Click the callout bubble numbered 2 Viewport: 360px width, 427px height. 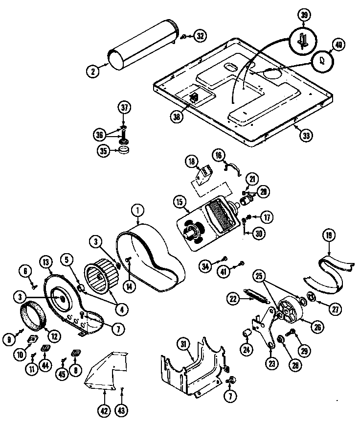pos(92,71)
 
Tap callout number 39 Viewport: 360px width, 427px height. pos(304,15)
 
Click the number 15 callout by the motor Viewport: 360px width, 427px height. pos(179,202)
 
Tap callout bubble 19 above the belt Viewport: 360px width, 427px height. pos(328,236)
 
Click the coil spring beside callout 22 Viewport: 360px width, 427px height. pos(256,297)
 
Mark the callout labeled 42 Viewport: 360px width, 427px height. pos(103,412)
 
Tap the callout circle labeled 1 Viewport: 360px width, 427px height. pos(137,211)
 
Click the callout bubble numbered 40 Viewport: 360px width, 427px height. pos(338,45)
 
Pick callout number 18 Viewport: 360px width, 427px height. pos(190,162)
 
